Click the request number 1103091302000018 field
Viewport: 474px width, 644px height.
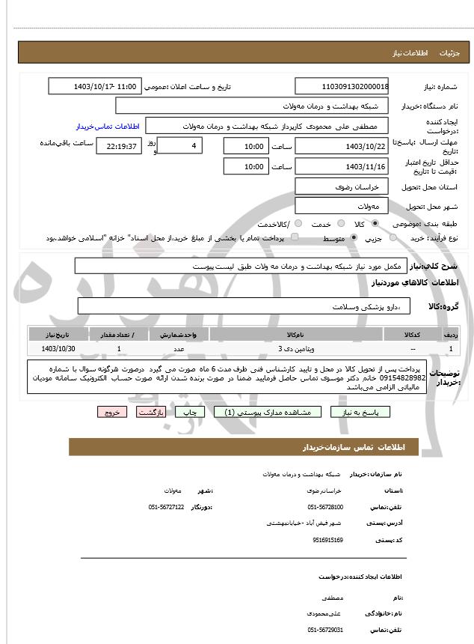342,86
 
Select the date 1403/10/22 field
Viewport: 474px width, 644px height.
342,146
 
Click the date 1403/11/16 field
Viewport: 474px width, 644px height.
342,166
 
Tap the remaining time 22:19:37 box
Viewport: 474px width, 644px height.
119,146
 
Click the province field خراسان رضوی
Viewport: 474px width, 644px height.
342,186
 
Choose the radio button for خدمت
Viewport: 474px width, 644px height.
341,224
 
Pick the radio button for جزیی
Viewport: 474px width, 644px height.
375,238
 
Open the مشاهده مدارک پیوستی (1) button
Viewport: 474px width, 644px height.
267,412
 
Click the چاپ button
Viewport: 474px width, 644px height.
191,412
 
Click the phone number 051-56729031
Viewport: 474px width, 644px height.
326,630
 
